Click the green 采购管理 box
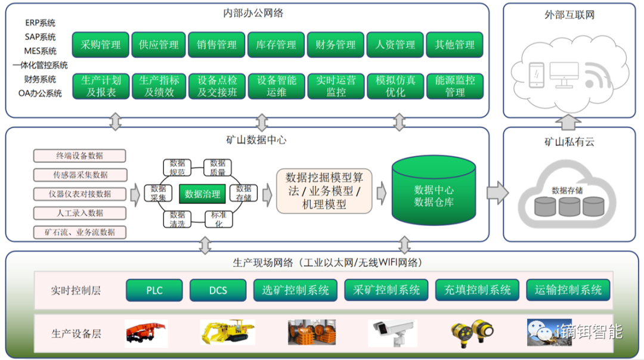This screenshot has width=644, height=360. (100, 45)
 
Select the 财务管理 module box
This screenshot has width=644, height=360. (336, 45)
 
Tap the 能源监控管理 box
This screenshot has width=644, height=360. (454, 86)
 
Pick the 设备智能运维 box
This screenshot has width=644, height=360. (277, 86)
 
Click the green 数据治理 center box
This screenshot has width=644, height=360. (203, 194)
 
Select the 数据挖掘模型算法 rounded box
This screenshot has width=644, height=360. (324, 191)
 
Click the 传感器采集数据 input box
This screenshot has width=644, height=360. (80, 175)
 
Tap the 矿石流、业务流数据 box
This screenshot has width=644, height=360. (80, 232)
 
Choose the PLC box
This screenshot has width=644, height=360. (154, 290)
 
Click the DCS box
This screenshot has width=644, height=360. (218, 290)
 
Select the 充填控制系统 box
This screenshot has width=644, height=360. (477, 290)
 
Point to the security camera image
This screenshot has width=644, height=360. (391, 333)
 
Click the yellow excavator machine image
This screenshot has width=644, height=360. (227, 331)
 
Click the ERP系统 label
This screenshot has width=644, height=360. (40, 23)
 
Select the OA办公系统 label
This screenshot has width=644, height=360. (40, 93)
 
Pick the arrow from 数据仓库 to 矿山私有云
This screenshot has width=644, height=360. (497, 193)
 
